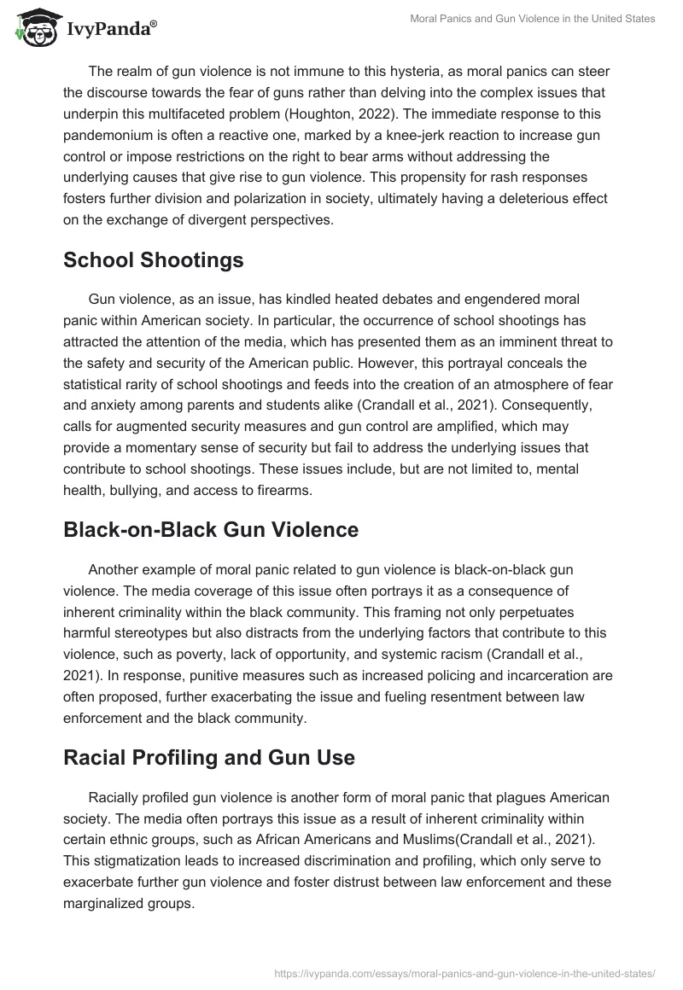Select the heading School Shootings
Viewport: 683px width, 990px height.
click(x=154, y=260)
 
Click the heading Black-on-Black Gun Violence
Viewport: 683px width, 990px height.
click(x=211, y=529)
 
